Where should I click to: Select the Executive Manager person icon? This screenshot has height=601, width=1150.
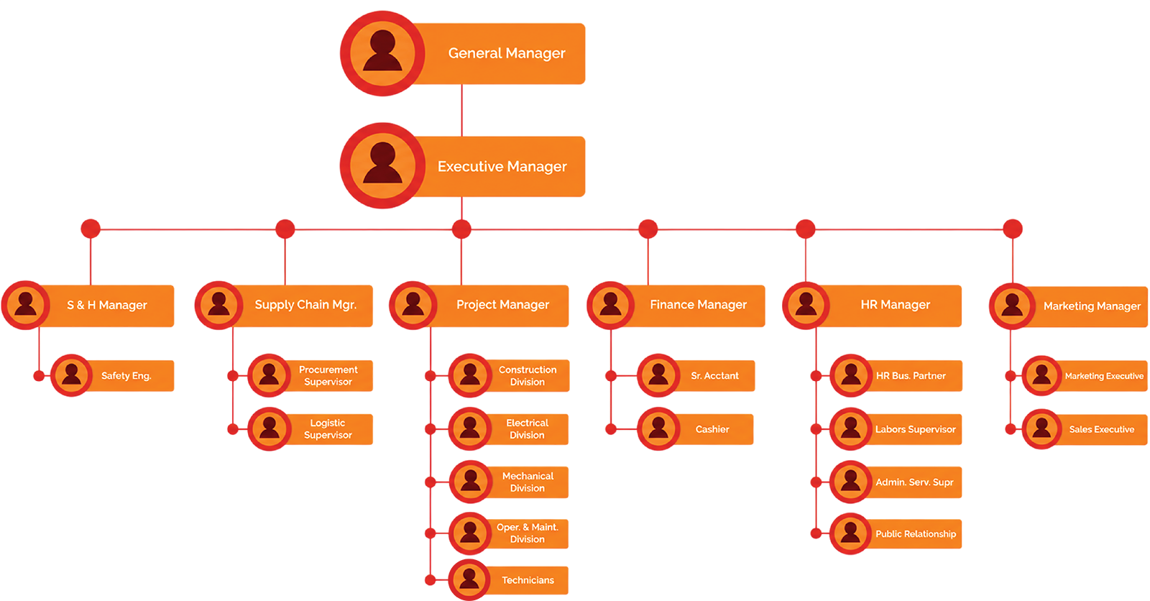click(382, 165)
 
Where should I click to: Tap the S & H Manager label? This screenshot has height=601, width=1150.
click(107, 305)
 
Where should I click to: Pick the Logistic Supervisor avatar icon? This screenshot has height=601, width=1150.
click(269, 429)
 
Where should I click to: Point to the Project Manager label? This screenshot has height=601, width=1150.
click(502, 305)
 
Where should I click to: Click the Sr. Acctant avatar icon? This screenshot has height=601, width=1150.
click(658, 375)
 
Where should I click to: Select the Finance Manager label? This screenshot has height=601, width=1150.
click(698, 305)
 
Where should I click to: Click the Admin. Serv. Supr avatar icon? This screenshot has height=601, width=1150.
click(851, 482)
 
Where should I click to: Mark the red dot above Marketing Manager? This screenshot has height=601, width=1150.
click(1013, 229)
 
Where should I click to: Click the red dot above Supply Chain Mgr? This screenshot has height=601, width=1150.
click(285, 229)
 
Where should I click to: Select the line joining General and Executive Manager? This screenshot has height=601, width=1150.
click(462, 111)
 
